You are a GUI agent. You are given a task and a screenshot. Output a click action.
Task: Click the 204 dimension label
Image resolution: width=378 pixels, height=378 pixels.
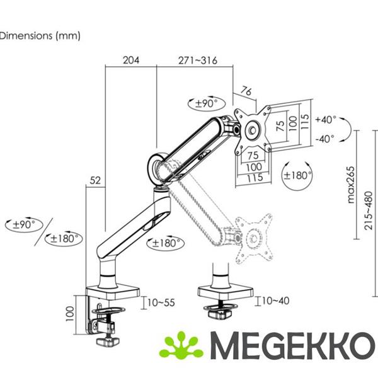pyautogui.click(x=131, y=60)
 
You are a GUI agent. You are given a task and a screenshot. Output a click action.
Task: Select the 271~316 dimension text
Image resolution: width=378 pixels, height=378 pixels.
pyautogui.click(x=198, y=60)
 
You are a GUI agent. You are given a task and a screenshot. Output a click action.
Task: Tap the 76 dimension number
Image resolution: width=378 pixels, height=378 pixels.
pyautogui.click(x=246, y=91)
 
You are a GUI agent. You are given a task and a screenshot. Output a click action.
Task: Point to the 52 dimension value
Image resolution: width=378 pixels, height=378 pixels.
pyautogui.click(x=95, y=180)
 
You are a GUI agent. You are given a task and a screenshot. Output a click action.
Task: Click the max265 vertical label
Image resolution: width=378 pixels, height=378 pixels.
pyautogui.click(x=351, y=185)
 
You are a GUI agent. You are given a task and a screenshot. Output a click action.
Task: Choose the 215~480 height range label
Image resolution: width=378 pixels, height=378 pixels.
pyautogui.click(x=369, y=210)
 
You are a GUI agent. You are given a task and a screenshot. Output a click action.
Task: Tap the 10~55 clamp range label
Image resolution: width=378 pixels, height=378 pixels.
pyautogui.click(x=161, y=302)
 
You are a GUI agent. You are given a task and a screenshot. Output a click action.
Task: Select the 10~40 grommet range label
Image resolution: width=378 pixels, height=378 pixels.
pyautogui.click(x=275, y=301)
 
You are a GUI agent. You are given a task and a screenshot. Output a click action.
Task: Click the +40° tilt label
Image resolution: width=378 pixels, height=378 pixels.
pyautogui.click(x=326, y=119)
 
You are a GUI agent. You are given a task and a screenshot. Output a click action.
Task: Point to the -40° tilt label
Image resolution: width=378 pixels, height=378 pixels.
pyautogui.click(x=325, y=139)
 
